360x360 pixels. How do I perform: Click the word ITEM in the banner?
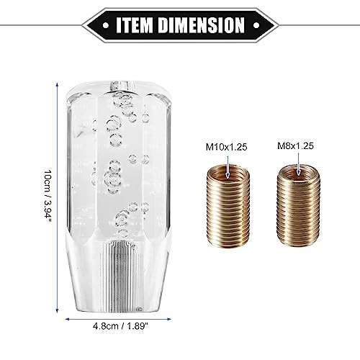[x=135, y=25]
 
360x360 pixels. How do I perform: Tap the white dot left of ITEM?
[x=106, y=25]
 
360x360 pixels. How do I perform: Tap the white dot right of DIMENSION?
[x=256, y=25]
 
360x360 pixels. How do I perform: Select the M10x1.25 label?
[x=226, y=147]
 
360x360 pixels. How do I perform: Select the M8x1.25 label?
[x=295, y=146]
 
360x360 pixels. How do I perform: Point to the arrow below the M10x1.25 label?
[x=228, y=167]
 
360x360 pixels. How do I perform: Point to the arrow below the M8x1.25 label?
[x=298, y=164]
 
